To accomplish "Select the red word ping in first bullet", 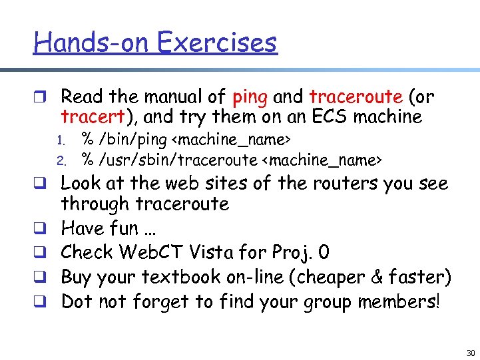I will point(250,98).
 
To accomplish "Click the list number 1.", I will point(59,141).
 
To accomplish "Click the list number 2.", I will point(59,160).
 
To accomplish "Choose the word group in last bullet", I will point(326,302).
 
